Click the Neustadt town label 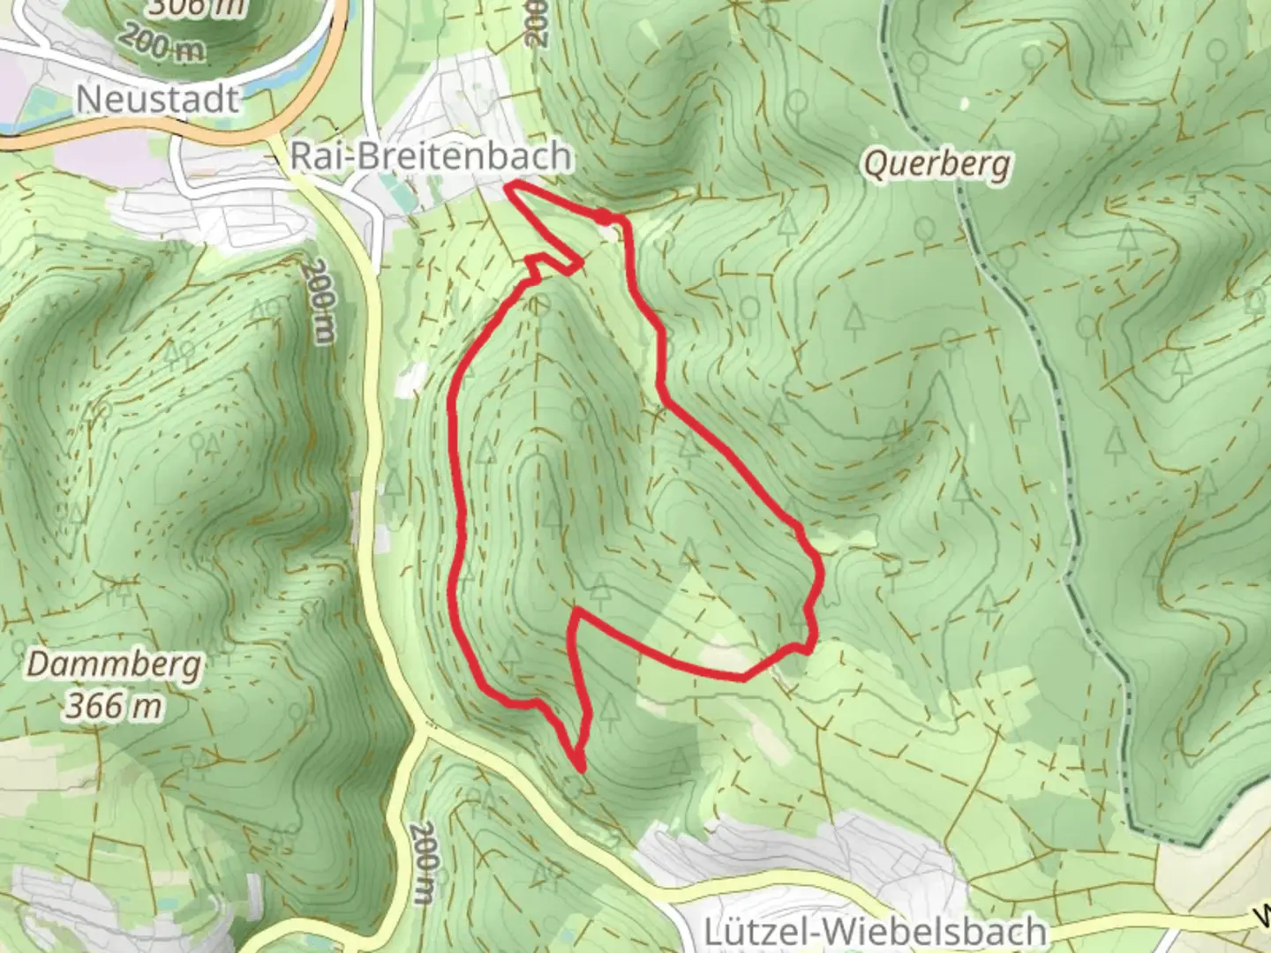pyautogui.click(x=157, y=99)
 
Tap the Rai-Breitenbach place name pyautogui.click(x=430, y=157)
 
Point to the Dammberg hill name pyautogui.click(x=114, y=664)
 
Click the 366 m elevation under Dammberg pyautogui.click(x=114, y=706)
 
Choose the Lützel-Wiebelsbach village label pyautogui.click(x=876, y=932)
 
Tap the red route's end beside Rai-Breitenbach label pyautogui.click(x=509, y=184)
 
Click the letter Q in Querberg pyautogui.click(x=875, y=164)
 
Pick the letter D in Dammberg pyautogui.click(x=38, y=664)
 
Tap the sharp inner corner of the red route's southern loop pyautogui.click(x=575, y=611)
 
